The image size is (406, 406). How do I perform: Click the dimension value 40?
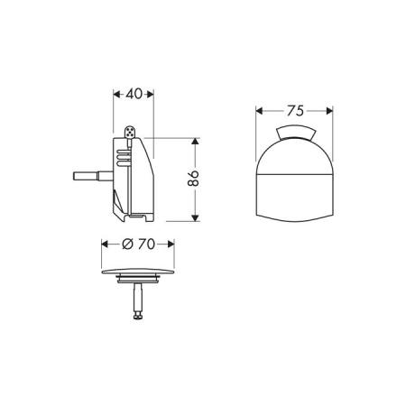(x=134, y=93)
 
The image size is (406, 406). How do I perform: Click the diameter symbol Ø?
(x=126, y=245)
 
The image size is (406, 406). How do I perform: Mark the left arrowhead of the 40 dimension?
(x=114, y=93)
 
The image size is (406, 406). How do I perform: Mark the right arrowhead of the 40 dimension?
(x=152, y=93)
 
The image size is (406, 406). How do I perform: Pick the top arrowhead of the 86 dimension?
(x=195, y=142)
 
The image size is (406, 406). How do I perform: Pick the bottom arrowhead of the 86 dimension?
(x=195, y=218)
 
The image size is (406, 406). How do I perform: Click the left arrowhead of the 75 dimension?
(x=259, y=112)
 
